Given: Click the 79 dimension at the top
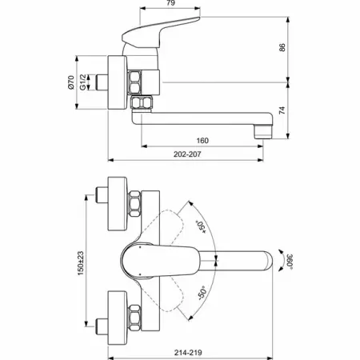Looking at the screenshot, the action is pos(170,2).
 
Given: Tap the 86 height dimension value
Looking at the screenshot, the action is pos(282,47).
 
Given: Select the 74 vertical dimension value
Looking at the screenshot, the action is pos(282,110).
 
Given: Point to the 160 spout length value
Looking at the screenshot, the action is pos(202,141).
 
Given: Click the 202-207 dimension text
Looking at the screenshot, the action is pos(187,154).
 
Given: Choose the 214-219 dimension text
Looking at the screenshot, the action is pos(188,353).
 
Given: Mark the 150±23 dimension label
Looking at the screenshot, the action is pos(81,263).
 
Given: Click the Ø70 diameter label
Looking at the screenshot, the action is pos(70,82).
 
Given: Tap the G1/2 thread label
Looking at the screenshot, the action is pos(83,82).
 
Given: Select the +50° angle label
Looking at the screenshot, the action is pos(201,227).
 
